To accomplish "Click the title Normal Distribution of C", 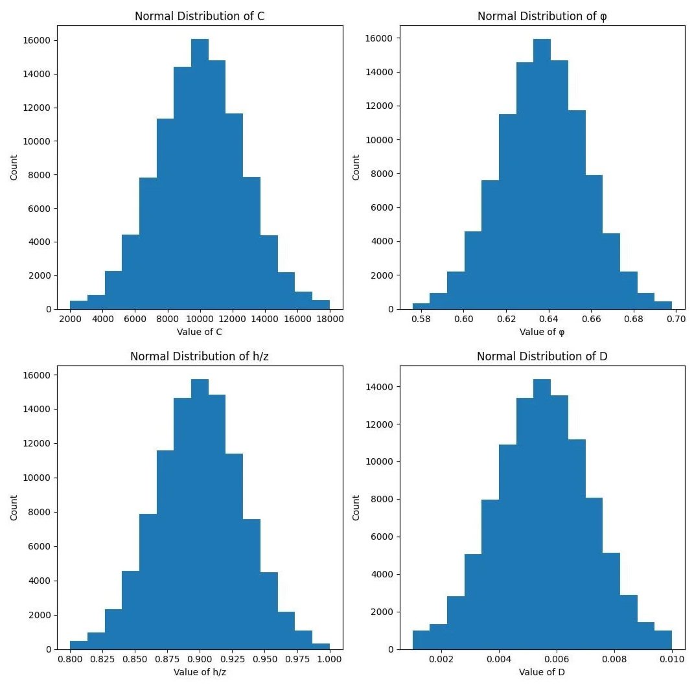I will [x=200, y=16].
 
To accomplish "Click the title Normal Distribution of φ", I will [x=542, y=16].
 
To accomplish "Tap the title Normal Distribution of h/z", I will [x=200, y=356].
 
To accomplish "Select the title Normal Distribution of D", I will [x=542, y=356].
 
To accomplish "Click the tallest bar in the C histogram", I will [x=200, y=175].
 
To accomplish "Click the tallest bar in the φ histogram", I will [x=542, y=175].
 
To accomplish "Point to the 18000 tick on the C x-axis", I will [x=329, y=319].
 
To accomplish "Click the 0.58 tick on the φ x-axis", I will [x=421, y=319].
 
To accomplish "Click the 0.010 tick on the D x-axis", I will [x=671, y=659].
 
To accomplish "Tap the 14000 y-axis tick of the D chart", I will [x=379, y=387].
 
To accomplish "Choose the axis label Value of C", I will [x=200, y=332].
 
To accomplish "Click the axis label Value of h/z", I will [x=200, y=672].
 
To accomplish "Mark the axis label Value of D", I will [x=542, y=672].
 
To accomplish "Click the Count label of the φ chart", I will [x=356, y=167].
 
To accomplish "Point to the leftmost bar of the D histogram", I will [x=421, y=640].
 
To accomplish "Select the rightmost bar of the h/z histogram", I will [x=321, y=646].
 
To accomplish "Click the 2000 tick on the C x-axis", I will [x=70, y=319].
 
